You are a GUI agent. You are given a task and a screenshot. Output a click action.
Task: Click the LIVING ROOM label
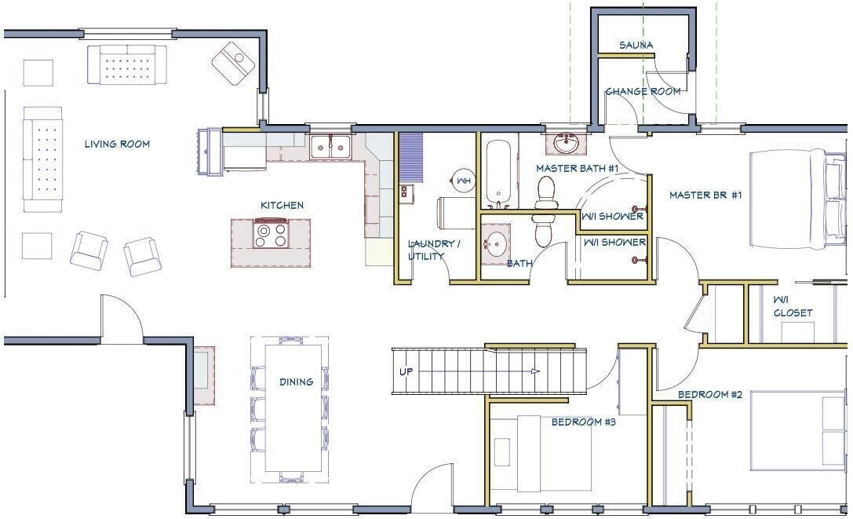point(117,144)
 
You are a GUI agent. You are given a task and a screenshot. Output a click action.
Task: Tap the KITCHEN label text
point(282,205)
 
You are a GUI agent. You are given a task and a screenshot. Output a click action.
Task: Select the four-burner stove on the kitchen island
point(271,234)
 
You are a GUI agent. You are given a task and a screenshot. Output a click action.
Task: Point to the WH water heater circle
point(464,181)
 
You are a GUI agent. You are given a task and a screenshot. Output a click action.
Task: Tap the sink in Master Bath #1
point(567,144)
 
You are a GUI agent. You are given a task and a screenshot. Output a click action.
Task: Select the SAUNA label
point(636,46)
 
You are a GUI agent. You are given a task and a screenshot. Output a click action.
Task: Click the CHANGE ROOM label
point(643,92)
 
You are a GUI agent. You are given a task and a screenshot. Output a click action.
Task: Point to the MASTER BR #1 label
point(705,195)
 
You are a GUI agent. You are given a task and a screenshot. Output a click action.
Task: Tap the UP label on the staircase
point(406,372)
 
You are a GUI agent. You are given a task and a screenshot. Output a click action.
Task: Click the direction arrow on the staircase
point(535,371)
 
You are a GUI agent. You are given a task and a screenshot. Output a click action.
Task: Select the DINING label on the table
point(296,382)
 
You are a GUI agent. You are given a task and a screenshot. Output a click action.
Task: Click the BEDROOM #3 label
point(583,422)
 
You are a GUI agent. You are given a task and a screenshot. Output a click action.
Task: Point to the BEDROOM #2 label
point(710,394)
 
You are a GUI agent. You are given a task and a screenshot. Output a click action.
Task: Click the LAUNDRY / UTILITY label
point(434,250)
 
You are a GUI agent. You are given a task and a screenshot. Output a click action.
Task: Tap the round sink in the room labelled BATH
point(495,244)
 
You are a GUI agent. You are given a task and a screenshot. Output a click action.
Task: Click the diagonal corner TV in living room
point(233,64)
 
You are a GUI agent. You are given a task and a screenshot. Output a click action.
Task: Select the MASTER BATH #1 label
point(578,168)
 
